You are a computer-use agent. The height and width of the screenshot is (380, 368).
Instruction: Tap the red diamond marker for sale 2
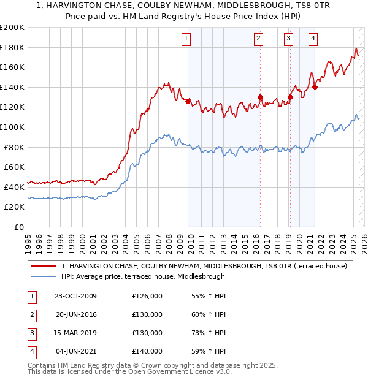click(x=260, y=97)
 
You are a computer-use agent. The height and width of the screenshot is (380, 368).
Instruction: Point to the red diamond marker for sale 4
click(x=315, y=87)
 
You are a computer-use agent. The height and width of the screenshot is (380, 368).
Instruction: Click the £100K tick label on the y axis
click(x=12, y=127)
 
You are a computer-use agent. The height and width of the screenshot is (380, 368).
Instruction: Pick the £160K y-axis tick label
click(x=12, y=67)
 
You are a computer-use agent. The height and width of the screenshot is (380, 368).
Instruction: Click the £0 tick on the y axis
click(x=18, y=227)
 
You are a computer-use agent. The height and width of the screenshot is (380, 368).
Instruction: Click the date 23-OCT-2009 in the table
click(x=75, y=297)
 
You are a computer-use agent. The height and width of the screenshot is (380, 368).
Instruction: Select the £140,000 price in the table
click(x=147, y=352)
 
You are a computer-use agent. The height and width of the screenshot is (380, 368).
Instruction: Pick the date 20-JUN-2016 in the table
click(x=76, y=315)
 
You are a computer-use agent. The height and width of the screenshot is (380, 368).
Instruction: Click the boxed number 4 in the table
click(x=31, y=352)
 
